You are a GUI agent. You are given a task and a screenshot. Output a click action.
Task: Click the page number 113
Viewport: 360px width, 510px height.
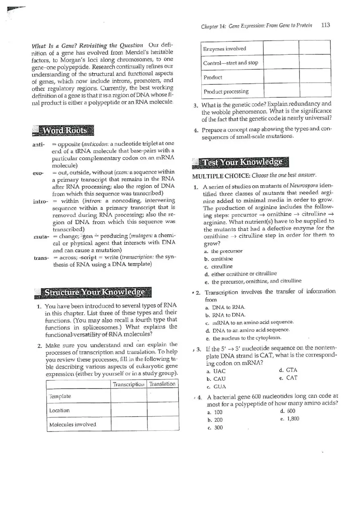(x=326, y=25)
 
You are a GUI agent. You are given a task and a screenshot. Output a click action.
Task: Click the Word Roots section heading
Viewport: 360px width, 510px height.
(x=64, y=130)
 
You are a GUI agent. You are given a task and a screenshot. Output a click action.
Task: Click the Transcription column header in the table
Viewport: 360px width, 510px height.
(x=128, y=384)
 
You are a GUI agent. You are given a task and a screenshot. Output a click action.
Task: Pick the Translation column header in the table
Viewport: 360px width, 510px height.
(x=162, y=384)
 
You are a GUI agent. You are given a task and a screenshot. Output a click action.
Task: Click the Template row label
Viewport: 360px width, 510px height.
(x=60, y=396)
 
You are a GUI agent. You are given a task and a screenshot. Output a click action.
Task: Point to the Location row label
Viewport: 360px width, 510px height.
(x=59, y=410)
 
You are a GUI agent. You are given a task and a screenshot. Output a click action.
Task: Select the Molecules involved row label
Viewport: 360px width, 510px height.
(x=72, y=425)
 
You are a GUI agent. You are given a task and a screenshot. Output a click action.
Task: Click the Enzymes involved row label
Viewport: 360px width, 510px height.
(x=225, y=49)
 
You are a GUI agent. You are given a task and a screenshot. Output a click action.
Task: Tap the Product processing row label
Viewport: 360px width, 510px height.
(x=226, y=91)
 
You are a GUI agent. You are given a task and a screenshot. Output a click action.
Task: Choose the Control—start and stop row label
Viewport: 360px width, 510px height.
(x=231, y=63)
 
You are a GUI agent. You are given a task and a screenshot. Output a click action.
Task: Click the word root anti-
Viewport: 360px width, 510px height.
(x=38, y=144)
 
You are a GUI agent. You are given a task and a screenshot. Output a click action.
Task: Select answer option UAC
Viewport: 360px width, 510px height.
(x=219, y=371)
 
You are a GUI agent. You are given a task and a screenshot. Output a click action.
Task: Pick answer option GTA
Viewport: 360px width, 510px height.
(x=291, y=370)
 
